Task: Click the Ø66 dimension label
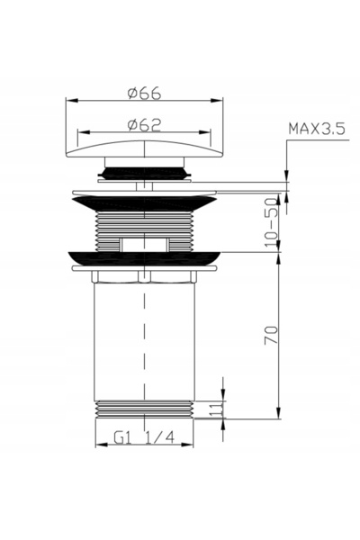(x=144, y=94)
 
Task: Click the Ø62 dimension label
(x=144, y=125)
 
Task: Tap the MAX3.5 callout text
(x=317, y=129)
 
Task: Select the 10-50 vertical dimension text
(x=271, y=221)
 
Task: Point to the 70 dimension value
(x=271, y=335)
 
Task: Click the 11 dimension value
(x=216, y=409)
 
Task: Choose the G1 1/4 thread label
(x=144, y=437)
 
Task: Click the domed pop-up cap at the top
(x=144, y=148)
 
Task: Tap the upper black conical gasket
(x=144, y=203)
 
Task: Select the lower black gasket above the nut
(x=144, y=258)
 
